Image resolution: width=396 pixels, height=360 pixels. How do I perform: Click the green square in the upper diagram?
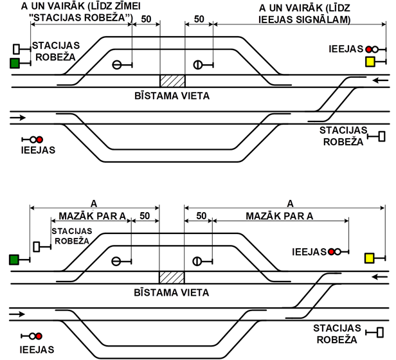(x=15, y=63)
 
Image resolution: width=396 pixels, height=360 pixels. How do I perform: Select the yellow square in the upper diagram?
(x=370, y=62)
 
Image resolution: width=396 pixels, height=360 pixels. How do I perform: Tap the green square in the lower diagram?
(x=14, y=260)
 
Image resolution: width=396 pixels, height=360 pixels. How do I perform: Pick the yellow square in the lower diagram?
(x=369, y=258)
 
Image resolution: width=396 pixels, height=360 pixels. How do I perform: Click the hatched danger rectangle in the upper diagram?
(x=172, y=81)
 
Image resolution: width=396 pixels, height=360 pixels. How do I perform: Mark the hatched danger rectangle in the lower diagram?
(x=172, y=278)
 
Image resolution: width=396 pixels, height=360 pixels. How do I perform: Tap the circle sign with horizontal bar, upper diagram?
(x=117, y=65)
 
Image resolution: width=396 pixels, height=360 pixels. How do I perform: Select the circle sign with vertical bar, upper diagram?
(x=198, y=65)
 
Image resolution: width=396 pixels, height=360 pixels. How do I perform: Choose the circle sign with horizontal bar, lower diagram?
(x=116, y=261)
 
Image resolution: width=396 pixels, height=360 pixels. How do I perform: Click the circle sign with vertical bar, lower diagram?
(x=197, y=261)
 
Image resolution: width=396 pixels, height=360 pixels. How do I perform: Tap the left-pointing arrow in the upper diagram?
(x=381, y=80)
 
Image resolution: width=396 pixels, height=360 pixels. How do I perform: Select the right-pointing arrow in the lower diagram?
(x=17, y=314)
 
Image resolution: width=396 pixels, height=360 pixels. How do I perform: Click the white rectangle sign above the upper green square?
(x=16, y=49)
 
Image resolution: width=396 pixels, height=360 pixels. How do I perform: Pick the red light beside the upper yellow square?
(x=369, y=50)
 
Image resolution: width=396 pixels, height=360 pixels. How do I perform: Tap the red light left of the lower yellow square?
(x=331, y=251)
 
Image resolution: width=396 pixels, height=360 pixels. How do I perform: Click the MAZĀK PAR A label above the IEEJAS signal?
(x=280, y=216)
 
